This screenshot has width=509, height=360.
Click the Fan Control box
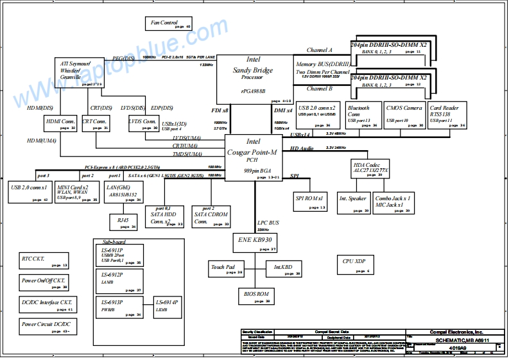169,24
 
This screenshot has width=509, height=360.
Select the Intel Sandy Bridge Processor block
253,78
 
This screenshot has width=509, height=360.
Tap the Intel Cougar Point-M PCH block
253,157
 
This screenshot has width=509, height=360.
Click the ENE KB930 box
255,242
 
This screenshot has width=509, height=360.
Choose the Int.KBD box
283,269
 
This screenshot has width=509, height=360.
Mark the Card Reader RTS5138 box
447,116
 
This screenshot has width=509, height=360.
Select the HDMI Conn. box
61,124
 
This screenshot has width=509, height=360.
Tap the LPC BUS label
268,223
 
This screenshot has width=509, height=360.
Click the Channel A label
319,50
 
